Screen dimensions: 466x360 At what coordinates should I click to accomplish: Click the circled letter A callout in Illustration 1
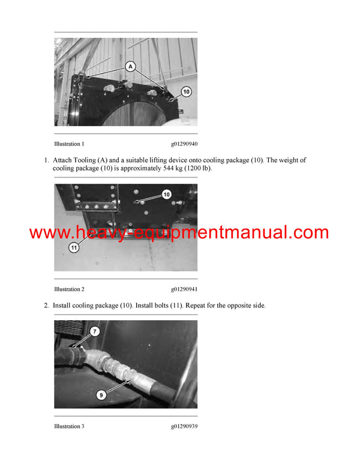point(131,67)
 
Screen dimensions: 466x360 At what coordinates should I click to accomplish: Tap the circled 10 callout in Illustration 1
point(186,92)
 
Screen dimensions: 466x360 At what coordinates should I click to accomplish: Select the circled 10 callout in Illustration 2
point(166,194)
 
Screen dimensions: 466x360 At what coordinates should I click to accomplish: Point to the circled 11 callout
point(74,247)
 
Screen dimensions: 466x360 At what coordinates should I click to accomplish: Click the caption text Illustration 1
point(69,144)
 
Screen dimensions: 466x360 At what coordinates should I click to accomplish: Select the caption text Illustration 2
point(69,289)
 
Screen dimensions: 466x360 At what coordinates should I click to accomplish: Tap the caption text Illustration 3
point(69,426)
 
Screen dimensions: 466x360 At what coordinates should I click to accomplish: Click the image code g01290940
point(184,144)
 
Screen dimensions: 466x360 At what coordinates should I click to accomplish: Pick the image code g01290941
point(184,289)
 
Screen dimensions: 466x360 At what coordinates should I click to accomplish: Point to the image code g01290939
point(184,426)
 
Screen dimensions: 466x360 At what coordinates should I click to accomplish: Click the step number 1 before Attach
point(46,160)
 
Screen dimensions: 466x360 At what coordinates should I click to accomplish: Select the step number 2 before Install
point(46,306)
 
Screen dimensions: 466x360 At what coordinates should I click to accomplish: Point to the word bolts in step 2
point(162,306)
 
